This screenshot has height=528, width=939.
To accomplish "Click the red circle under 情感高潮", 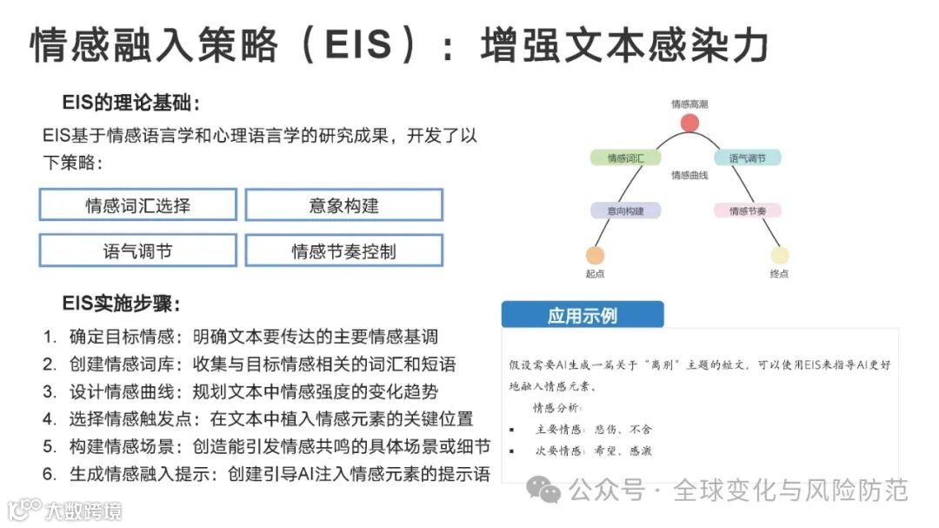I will pyautogui.click(x=689, y=122).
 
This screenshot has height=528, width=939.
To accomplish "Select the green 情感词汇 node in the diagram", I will pyautogui.click(x=625, y=158).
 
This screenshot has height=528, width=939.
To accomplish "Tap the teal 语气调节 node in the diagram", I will pyautogui.click(x=747, y=158).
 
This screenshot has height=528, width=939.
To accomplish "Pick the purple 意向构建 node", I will pyautogui.click(x=625, y=211).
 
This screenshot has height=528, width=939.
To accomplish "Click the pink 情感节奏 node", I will pyautogui.click(x=747, y=211).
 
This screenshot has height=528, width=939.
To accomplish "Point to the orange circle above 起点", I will pyautogui.click(x=595, y=255).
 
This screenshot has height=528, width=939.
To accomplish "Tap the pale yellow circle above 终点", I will pyautogui.click(x=779, y=255).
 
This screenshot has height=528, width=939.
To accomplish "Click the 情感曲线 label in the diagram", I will pyautogui.click(x=689, y=176).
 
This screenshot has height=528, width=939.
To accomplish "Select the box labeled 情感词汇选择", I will pyautogui.click(x=138, y=205).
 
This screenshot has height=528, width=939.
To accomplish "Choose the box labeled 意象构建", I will pyautogui.click(x=343, y=205).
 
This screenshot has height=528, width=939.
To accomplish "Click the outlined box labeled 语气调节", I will pyautogui.click(x=138, y=251).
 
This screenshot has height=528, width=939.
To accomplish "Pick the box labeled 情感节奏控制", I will pyautogui.click(x=343, y=251).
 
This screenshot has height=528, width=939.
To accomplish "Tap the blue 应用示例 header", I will pyautogui.click(x=583, y=315).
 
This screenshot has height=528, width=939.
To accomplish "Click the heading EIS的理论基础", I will pyautogui.click(x=130, y=104).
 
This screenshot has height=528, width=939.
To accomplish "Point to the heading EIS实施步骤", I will pyautogui.click(x=121, y=304).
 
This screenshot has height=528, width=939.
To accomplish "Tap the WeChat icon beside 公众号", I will pyautogui.click(x=549, y=492).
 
